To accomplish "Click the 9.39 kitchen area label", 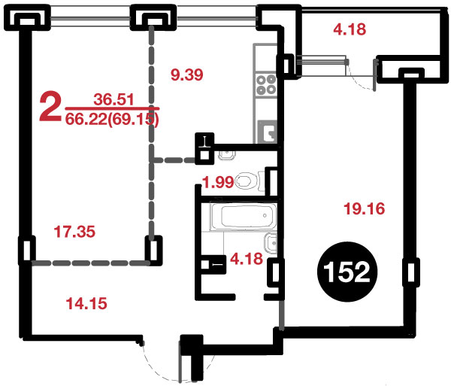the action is [x=187, y=74].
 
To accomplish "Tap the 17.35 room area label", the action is [x=74, y=232].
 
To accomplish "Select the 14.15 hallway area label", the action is [x=86, y=303].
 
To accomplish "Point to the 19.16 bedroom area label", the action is [x=365, y=208].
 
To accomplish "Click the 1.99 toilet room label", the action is [x=218, y=182].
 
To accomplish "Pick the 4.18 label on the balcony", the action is [x=350, y=29].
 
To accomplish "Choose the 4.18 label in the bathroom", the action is [x=247, y=259].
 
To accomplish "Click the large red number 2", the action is [x=50, y=105].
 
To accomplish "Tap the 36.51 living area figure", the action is [x=114, y=99].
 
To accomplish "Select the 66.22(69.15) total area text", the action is [x=112, y=119].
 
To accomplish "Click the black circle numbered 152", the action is [x=347, y=272].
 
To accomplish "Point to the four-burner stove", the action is [x=266, y=84].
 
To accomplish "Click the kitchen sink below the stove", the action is [x=268, y=131].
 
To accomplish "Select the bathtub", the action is [x=244, y=217].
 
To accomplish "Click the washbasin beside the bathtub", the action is [x=271, y=244].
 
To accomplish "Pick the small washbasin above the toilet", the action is [x=227, y=155].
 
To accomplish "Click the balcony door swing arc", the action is [x=361, y=82].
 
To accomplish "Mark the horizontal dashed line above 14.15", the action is [x=90, y=263].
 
